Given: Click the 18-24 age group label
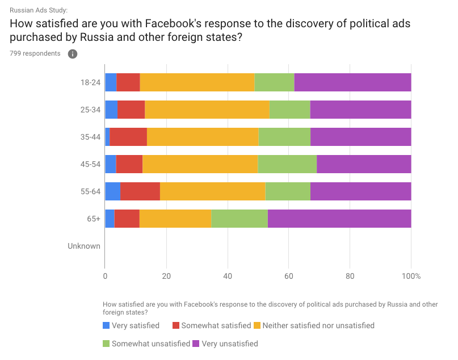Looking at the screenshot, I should pyautogui.click(x=91, y=82).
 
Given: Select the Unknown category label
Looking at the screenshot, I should pyautogui.click(x=84, y=246).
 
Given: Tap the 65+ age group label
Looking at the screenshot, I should pyautogui.click(x=93, y=219).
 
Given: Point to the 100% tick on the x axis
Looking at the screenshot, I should pyautogui.click(x=411, y=277).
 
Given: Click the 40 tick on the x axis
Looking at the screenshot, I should pyautogui.click(x=228, y=277).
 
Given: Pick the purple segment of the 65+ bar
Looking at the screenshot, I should pyautogui.click(x=339, y=219).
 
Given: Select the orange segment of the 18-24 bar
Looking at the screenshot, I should pyautogui.click(x=197, y=82).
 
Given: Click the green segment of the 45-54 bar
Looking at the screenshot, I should pyautogui.click(x=287, y=164).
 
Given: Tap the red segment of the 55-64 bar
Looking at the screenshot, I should pyautogui.click(x=140, y=191).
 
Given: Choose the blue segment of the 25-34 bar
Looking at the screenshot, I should pyautogui.click(x=111, y=110).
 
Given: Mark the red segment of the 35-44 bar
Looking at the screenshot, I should pyautogui.click(x=128, y=137).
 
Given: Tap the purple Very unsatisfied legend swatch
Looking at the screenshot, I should pyautogui.click(x=196, y=344).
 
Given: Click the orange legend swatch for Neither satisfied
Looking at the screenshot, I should pyautogui.click(x=257, y=325).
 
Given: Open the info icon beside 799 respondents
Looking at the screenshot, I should pyautogui.click(x=73, y=54).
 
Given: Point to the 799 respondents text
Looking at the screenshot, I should pyautogui.click(x=35, y=53).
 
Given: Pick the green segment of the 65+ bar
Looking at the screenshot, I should pyautogui.click(x=239, y=219).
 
